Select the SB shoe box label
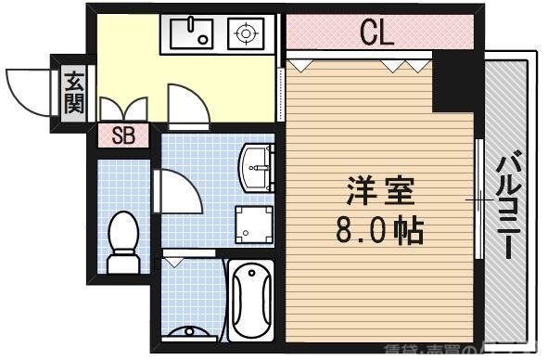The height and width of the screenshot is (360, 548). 123,135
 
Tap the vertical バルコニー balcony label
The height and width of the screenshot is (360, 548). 508,204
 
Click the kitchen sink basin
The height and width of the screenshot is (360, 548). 189,35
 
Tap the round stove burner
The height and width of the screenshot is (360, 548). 246,35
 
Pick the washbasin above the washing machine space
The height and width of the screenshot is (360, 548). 257,167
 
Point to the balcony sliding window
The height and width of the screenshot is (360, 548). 479,199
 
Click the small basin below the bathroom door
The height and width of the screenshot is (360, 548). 190,331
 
